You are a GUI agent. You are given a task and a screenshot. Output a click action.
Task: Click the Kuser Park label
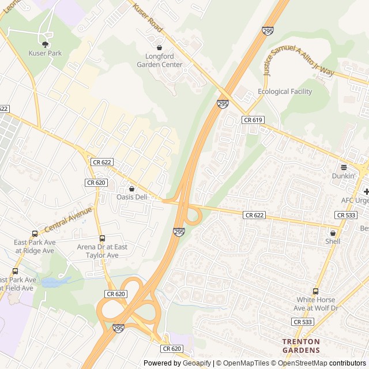44,53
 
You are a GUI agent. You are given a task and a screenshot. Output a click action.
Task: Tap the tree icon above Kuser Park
45,43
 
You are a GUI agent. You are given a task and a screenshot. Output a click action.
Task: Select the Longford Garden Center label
160,61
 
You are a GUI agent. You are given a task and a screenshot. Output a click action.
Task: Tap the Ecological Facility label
285,92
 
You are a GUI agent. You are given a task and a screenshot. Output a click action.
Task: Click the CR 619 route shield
253,119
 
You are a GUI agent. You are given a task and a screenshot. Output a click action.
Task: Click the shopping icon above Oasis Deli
132,188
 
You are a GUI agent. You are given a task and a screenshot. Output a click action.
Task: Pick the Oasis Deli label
132,197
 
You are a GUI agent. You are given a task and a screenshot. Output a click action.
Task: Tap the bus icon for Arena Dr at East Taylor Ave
102,238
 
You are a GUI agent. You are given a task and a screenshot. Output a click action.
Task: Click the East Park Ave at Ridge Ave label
35,246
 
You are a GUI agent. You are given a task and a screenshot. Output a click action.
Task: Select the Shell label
333,242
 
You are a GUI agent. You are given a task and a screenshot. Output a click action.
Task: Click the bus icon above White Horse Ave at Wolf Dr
315,291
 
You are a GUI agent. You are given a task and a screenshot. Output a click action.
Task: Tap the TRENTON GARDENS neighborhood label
301,345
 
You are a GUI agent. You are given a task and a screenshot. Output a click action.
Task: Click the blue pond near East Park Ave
56,283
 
